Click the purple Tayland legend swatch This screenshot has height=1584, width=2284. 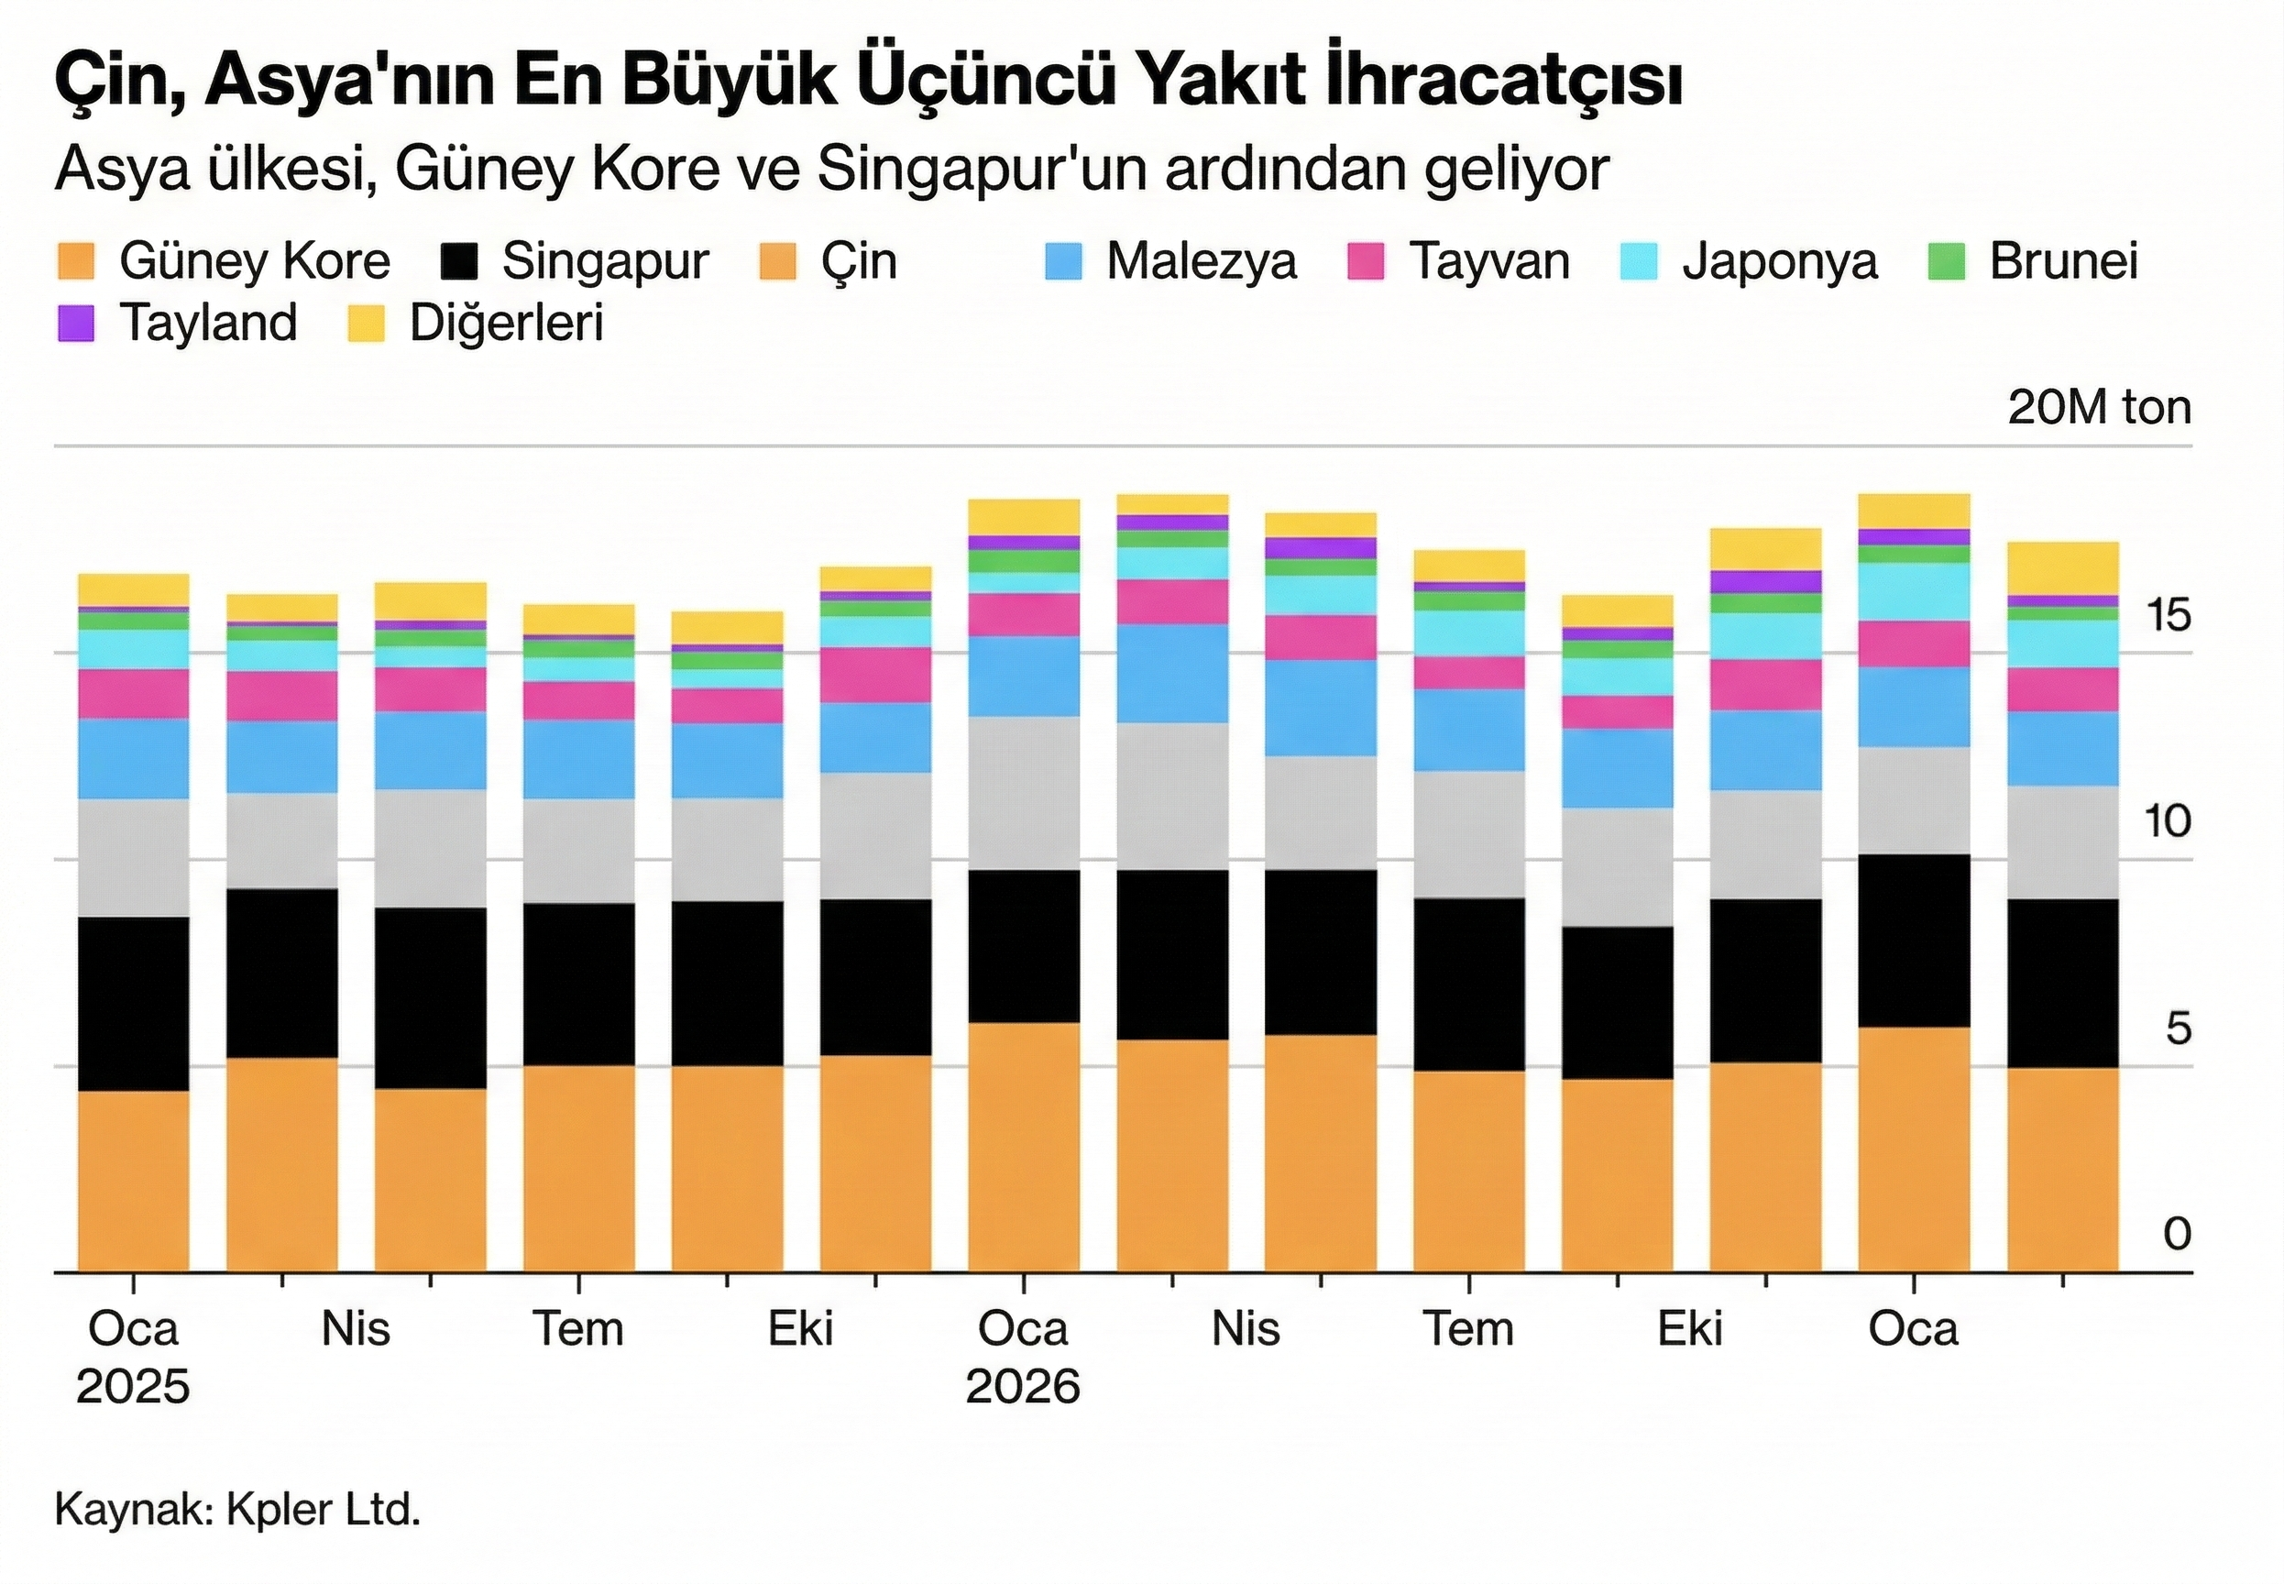75,324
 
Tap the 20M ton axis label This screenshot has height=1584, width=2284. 2100,408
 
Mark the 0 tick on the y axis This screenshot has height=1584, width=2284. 2177,1234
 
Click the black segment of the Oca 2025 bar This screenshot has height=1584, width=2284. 133,1003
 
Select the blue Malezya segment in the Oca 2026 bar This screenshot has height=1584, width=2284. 1023,676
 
